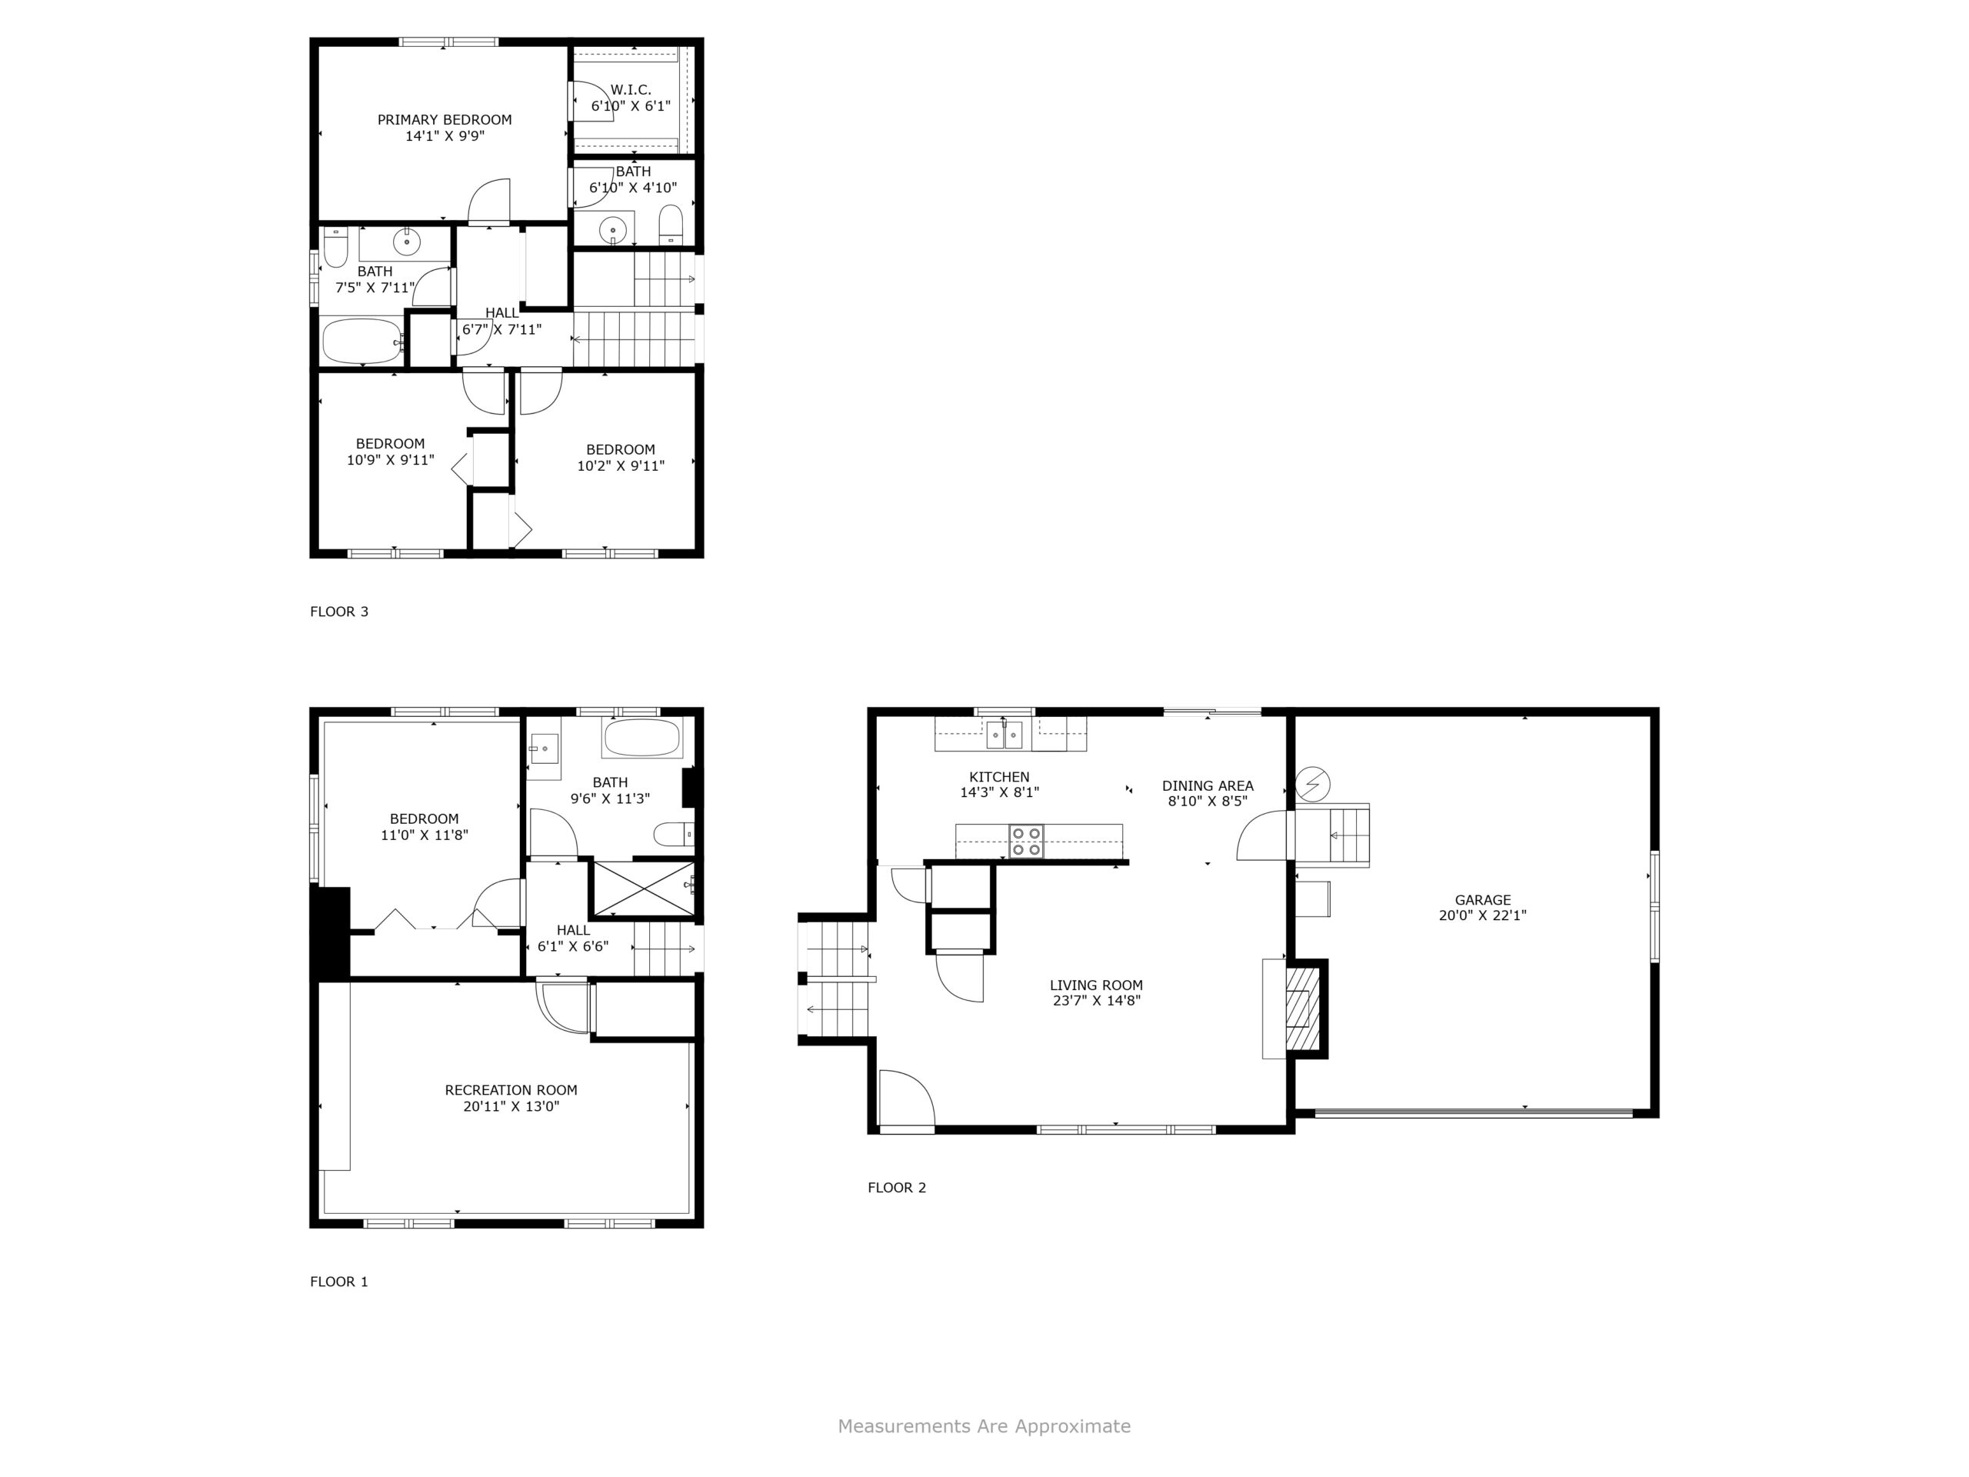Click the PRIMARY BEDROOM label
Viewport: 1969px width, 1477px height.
tap(445, 119)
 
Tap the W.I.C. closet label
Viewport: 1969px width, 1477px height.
tap(631, 90)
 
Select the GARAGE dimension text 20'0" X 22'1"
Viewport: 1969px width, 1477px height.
tap(1483, 915)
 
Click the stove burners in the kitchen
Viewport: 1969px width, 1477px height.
tap(1026, 842)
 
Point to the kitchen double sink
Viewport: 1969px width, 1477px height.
tap(1004, 735)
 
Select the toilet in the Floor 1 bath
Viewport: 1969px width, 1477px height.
tap(673, 834)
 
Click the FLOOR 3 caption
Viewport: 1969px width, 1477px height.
tap(339, 611)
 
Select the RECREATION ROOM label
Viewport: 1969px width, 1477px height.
tap(511, 1090)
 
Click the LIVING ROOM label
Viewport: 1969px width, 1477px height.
tap(1096, 985)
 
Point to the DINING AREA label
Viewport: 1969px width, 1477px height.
tap(1208, 785)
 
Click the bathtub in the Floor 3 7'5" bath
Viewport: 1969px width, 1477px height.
tap(362, 341)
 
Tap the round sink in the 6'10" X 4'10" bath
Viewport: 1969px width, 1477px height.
tap(613, 231)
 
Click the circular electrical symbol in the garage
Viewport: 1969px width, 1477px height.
tap(1312, 785)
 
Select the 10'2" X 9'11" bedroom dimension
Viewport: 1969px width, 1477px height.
tap(621, 465)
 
